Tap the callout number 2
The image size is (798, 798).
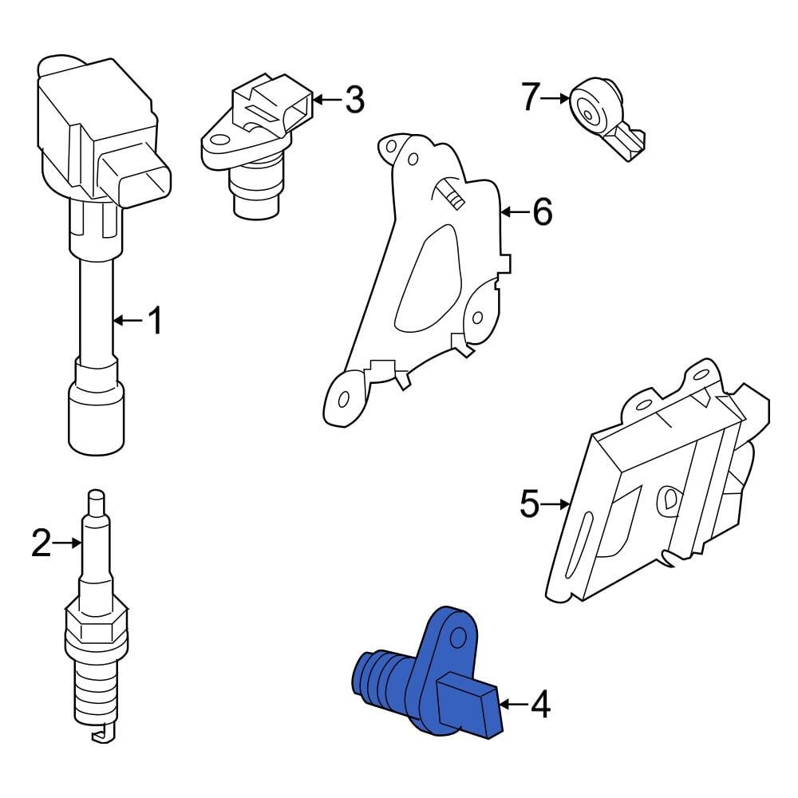point(41,543)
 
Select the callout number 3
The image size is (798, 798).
point(354,100)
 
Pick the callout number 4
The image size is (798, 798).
point(540,705)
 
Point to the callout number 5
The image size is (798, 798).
point(530,504)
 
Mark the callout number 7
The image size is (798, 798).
point(532,98)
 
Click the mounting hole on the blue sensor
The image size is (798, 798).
point(457,637)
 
